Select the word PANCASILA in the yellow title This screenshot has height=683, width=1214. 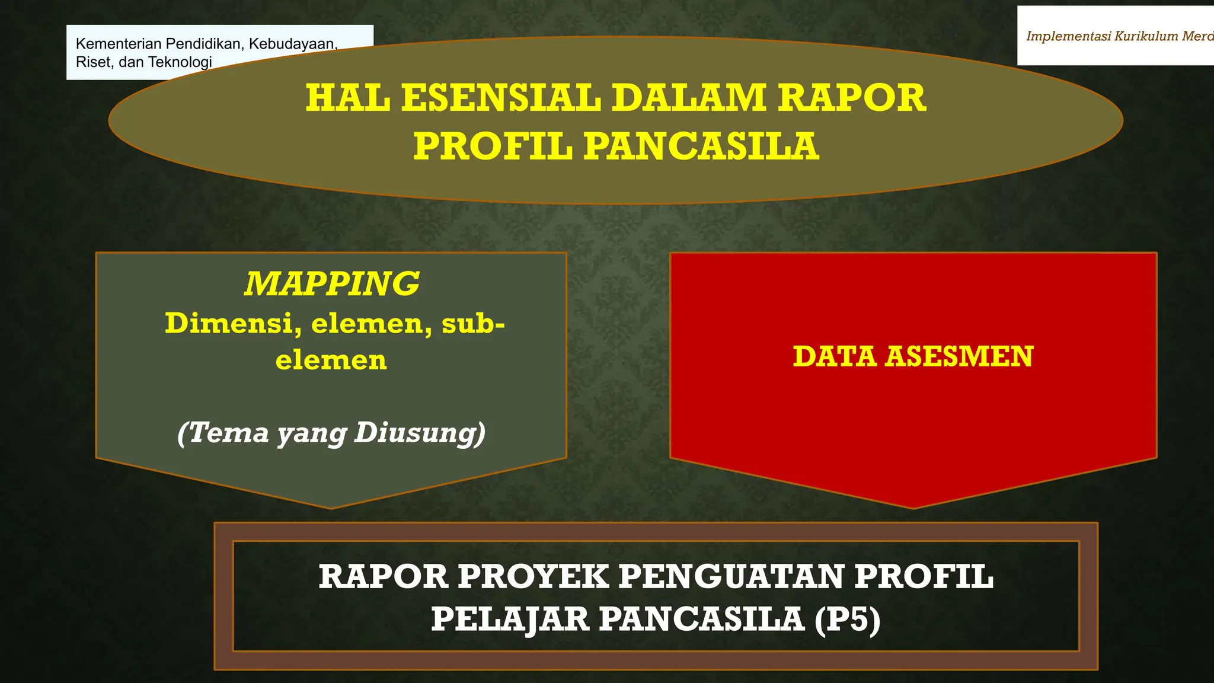pyautogui.click(x=701, y=146)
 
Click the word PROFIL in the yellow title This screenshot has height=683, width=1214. pyautogui.click(x=493, y=146)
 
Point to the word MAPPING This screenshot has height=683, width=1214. pyautogui.click(x=331, y=283)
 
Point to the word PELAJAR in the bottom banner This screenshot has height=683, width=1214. pyautogui.click(x=510, y=620)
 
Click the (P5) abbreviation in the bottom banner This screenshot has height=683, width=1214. pyautogui.click(x=848, y=620)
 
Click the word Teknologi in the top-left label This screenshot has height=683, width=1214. pyautogui.click(x=180, y=62)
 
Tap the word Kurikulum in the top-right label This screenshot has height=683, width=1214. pyautogui.click(x=1146, y=36)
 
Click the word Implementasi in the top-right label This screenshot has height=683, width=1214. pyautogui.click(x=1068, y=36)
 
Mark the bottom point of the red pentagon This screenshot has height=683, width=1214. pyautogui.click(x=913, y=508)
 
